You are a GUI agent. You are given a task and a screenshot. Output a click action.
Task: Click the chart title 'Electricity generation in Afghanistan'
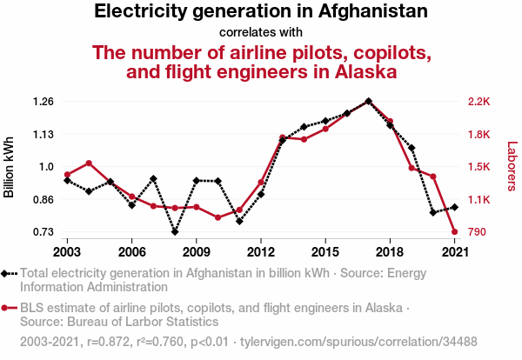coord(260,12)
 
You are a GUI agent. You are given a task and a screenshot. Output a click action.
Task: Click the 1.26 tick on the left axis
coord(43,102)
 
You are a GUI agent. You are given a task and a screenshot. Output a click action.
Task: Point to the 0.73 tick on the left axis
coord(43,232)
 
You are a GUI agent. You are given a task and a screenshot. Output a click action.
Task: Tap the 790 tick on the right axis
coord(477,232)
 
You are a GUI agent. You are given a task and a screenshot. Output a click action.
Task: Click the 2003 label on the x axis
coord(67,251)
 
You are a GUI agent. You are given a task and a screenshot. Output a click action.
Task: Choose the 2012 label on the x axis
coord(260,251)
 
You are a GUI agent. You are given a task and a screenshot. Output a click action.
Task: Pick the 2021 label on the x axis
coord(453,251)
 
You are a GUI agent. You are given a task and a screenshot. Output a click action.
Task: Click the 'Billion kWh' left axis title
coord(10,167)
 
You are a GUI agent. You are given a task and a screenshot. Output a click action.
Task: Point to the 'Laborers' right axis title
coord(512,167)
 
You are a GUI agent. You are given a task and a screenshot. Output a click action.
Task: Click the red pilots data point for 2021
coord(454,232)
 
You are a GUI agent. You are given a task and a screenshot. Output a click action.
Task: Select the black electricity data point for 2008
coord(175,232)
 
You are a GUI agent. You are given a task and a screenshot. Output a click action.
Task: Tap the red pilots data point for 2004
coord(89,163)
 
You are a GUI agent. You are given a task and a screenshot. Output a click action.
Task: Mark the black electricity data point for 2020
coord(432,212)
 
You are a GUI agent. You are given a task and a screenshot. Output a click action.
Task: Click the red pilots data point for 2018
coord(390,122)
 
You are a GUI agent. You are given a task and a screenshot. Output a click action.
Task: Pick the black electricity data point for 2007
coord(153,179)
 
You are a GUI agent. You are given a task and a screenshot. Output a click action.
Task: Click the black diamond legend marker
coord(7,273)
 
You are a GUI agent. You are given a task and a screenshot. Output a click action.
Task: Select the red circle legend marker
coord(7,308)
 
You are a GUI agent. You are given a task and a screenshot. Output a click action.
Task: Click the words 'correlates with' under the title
coord(260,33)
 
